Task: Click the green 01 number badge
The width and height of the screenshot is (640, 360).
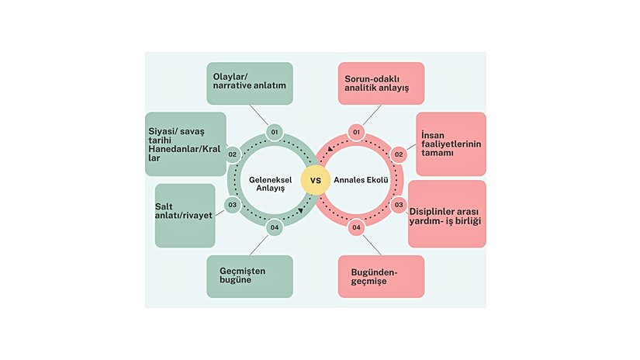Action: tap(274, 132)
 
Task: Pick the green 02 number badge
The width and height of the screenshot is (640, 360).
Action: tap(232, 154)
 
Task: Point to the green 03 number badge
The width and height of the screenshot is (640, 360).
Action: tap(232, 205)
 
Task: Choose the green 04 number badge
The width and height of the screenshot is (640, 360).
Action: tap(274, 228)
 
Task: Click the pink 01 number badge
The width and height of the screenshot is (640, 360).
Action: tap(356, 132)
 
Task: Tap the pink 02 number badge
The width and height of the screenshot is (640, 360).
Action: tap(399, 154)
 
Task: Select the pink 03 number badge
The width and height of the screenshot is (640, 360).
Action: tap(399, 205)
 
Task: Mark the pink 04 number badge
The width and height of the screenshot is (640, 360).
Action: tap(356, 228)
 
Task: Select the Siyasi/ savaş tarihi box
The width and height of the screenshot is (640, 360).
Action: tap(185, 144)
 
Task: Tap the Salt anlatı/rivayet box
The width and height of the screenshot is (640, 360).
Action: tap(185, 215)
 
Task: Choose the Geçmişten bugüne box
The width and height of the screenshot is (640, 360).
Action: tap(249, 276)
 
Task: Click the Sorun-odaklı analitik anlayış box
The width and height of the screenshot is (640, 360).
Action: tap(381, 83)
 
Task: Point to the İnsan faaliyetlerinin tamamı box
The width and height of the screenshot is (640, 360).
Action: tap(451, 144)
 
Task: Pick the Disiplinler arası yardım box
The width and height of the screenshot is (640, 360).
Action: tap(447, 213)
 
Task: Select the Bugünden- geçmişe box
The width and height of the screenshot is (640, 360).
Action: tap(381, 276)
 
